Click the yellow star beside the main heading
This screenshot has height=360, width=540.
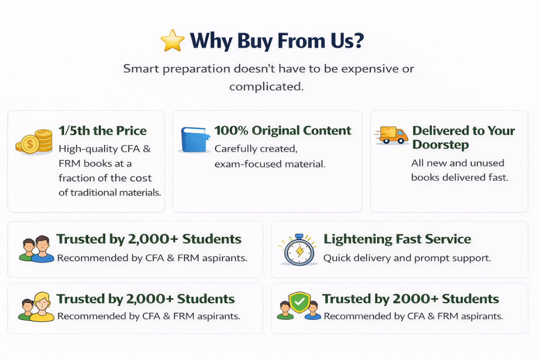tap(172, 40)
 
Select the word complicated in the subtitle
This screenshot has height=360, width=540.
tap(266, 86)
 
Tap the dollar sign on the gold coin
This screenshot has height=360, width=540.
tap(30, 144)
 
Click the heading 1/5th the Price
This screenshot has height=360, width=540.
tap(102, 130)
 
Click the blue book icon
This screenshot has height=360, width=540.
tap(195, 139)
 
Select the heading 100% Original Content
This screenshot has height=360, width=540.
tap(282, 130)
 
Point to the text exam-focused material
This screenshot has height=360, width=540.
tap(269, 164)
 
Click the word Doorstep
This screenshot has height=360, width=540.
tap(440, 144)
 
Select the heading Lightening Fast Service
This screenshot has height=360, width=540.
tap(397, 239)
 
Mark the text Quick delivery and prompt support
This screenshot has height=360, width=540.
tap(407, 258)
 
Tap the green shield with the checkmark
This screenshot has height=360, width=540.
tap(299, 302)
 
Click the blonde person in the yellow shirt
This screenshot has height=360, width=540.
tap(42, 307)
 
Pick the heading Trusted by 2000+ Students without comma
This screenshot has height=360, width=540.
tap(410, 298)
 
